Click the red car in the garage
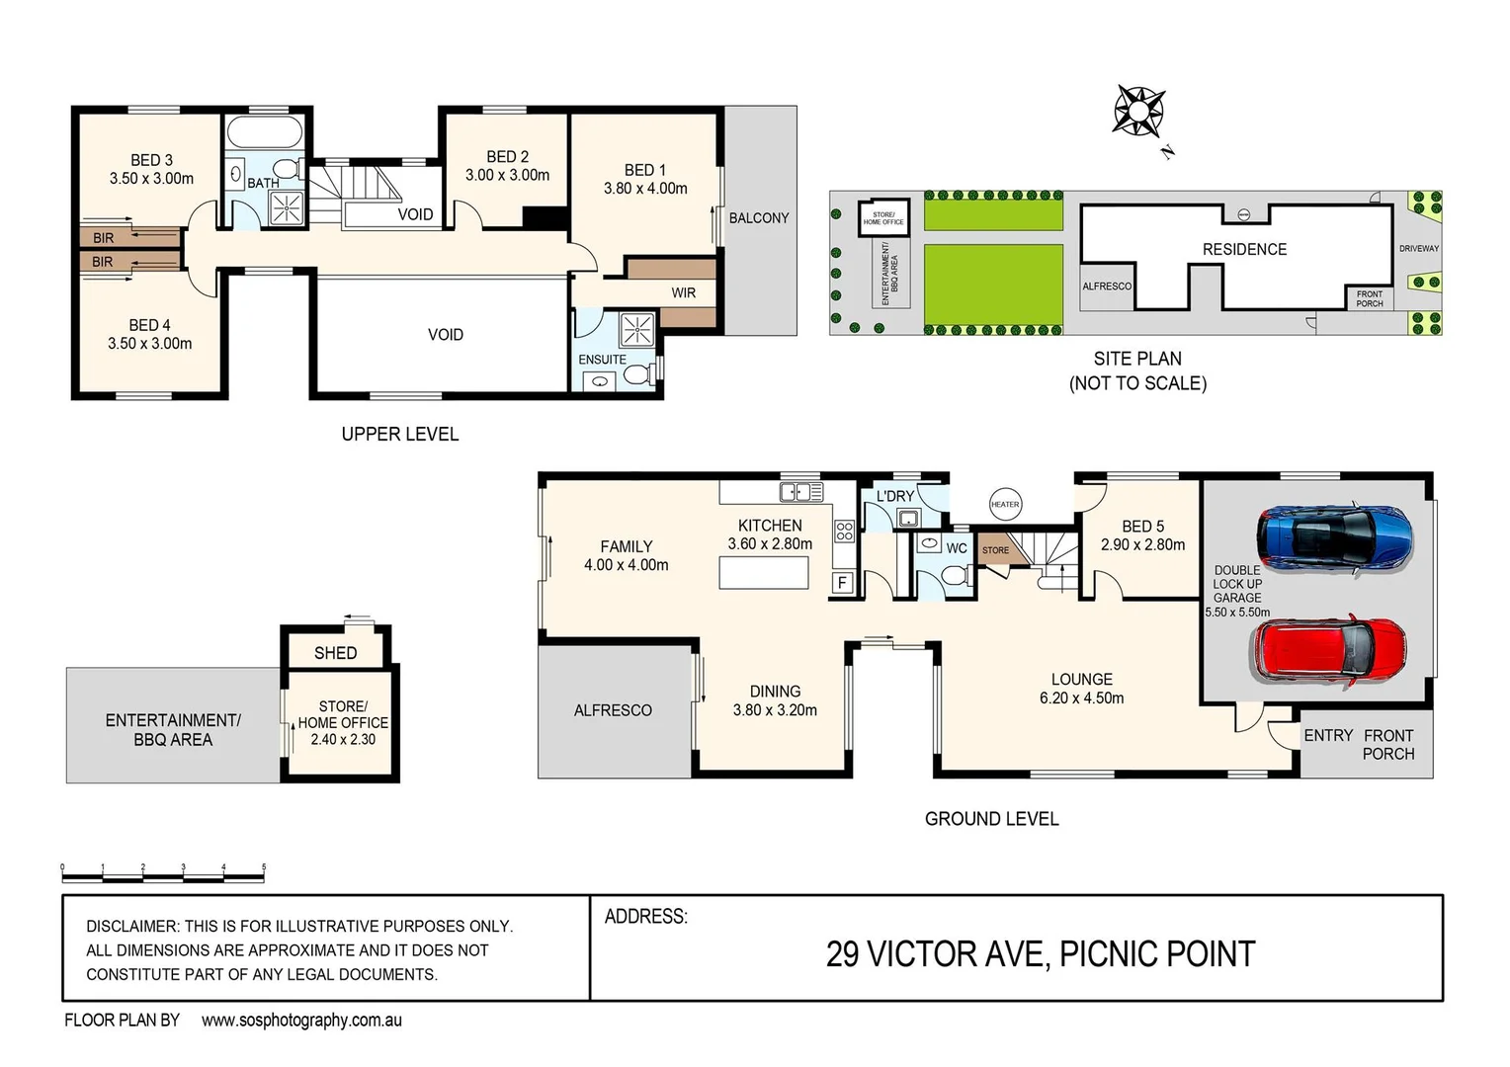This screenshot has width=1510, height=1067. tap(1329, 652)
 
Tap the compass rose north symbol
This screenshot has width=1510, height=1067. tap(1139, 110)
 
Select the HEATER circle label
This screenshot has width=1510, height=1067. tap(1004, 505)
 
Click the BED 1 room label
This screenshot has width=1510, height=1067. tap(645, 170)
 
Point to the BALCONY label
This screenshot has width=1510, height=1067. tap(759, 218)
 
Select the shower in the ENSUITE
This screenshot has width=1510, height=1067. tap(637, 328)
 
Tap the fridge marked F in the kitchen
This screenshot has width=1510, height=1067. tap(842, 582)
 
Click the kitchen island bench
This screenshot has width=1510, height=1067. tap(763, 573)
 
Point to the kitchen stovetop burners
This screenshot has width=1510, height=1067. tap(844, 532)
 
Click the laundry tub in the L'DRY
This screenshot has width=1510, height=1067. tap(907, 518)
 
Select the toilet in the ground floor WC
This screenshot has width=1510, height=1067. tap(955, 574)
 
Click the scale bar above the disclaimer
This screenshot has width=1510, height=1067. tap(163, 874)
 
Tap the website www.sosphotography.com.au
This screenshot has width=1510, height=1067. tap(301, 1021)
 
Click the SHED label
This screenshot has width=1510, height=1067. tap(335, 653)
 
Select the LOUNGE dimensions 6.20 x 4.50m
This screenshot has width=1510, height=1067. tap(1081, 698)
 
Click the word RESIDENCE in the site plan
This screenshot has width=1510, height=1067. tap(1244, 250)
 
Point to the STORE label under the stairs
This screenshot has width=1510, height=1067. tap(995, 550)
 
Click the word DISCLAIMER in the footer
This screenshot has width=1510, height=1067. tap(131, 927)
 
